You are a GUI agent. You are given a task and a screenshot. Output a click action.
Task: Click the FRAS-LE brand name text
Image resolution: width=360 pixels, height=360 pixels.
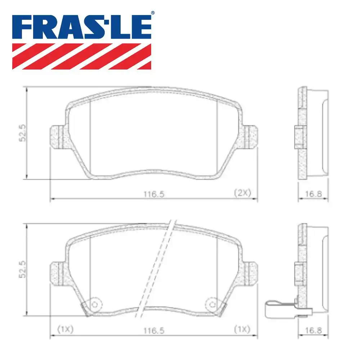tap(82, 27)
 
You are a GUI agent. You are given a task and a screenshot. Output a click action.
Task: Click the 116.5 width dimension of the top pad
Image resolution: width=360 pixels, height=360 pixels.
tap(154, 194)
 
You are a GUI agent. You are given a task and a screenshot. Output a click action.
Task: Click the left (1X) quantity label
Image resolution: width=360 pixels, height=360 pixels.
tap(65, 329)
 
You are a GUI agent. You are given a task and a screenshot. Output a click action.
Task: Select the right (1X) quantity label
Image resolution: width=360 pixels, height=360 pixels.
tap(242, 329)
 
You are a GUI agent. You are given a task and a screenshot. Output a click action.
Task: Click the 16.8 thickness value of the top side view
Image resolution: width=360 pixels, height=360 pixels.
tap(312, 194)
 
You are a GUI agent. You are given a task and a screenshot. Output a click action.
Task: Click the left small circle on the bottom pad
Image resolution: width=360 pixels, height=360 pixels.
tap(95, 304)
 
